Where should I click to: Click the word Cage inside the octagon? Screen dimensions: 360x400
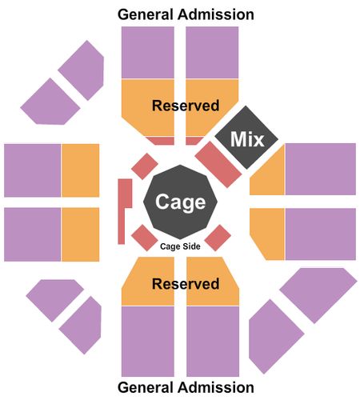click(x=181, y=202)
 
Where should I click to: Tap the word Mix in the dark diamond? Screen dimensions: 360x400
click(x=247, y=139)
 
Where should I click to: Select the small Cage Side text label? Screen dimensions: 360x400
click(x=180, y=246)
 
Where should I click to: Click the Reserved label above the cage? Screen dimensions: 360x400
click(x=186, y=106)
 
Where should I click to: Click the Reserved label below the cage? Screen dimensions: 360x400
click(x=186, y=283)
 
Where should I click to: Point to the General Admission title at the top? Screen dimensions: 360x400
click(x=186, y=14)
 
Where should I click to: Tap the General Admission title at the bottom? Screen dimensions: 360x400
click(x=186, y=387)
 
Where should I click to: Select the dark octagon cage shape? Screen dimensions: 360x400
click(x=181, y=202)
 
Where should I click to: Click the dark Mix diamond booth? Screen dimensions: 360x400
click(x=246, y=138)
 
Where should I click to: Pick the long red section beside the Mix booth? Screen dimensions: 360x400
click(x=218, y=165)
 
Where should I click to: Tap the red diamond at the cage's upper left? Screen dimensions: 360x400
click(x=145, y=166)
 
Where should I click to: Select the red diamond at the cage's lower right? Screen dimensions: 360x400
click(x=218, y=238)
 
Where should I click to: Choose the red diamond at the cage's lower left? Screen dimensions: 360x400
click(x=145, y=238)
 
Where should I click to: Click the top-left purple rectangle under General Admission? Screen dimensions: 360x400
click(x=148, y=52)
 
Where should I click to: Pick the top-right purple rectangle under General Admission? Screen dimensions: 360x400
click(x=212, y=52)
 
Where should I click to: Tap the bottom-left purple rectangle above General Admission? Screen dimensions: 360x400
click(x=148, y=342)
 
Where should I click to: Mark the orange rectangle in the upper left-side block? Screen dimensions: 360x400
click(x=81, y=170)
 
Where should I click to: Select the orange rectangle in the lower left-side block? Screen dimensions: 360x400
click(x=81, y=234)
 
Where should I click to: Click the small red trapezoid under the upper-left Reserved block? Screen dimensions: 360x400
click(x=161, y=141)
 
